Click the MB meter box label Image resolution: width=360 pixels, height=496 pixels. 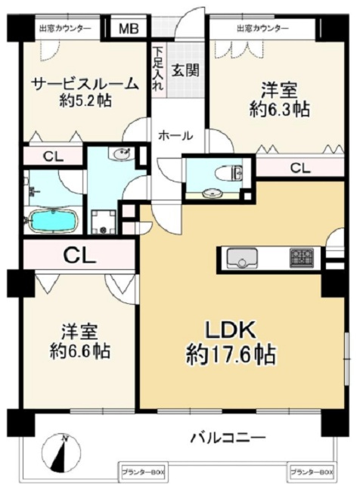click(x=129, y=29)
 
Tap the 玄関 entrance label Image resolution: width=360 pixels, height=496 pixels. click(x=185, y=70)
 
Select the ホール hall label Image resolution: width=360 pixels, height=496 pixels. click(x=175, y=136)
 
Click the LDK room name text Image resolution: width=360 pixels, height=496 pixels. click(x=231, y=330)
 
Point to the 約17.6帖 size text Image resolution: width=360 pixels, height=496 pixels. click(x=231, y=355)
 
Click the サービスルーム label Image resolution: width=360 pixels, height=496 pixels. click(x=85, y=84)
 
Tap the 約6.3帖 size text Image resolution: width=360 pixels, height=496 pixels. click(x=279, y=110)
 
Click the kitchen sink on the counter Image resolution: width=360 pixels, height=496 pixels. click(x=242, y=258)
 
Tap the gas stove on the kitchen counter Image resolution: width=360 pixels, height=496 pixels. click(x=302, y=256)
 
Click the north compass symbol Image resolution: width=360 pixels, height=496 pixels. click(x=61, y=452)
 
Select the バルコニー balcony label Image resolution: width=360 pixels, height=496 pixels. click(x=228, y=438)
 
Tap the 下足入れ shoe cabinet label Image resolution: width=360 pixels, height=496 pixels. click(x=158, y=69)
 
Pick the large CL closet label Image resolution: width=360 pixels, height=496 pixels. click(x=79, y=256)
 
